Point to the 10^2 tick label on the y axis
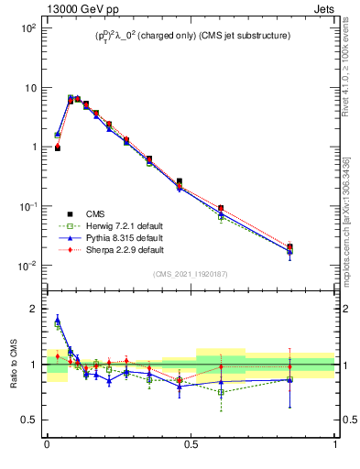(x=27, y=28)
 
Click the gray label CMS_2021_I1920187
(x=191, y=273)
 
